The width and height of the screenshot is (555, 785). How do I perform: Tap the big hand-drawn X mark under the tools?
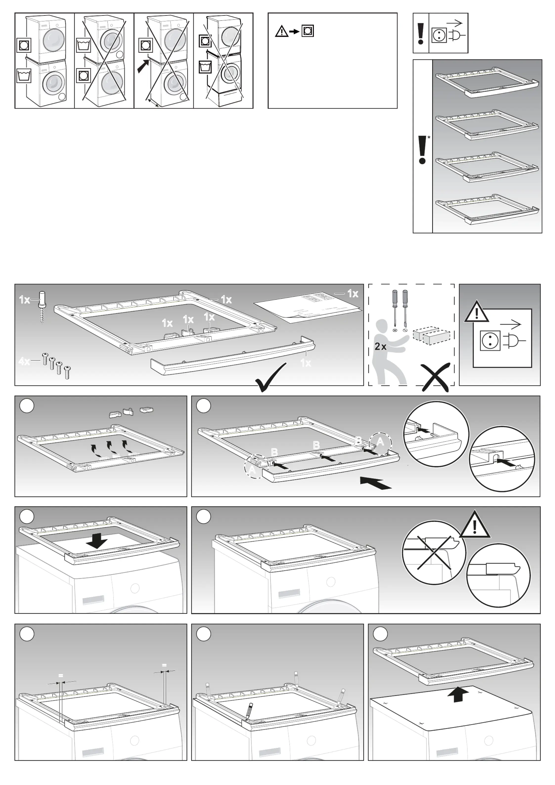point(435,377)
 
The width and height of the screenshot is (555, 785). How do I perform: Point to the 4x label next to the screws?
point(24,361)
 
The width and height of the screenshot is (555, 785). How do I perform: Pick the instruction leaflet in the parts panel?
point(308,307)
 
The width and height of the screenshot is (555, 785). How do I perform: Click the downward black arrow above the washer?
point(97,541)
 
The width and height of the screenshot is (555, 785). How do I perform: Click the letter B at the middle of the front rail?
point(316,445)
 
